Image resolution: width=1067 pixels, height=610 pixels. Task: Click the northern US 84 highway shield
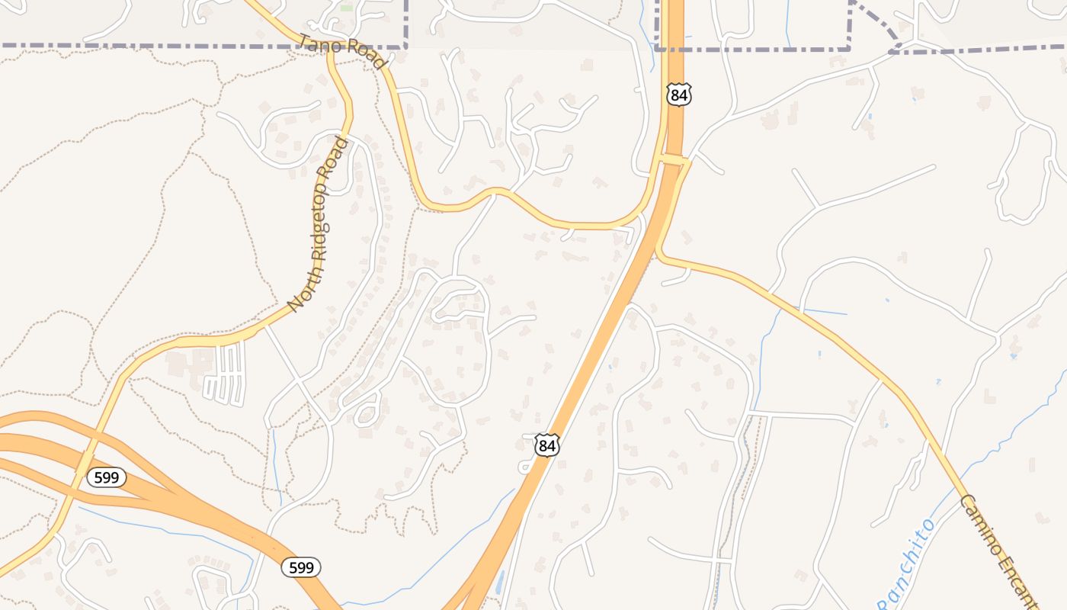(x=678, y=95)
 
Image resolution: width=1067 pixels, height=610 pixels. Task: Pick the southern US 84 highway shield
(x=546, y=445)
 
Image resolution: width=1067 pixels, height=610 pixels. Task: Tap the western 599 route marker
(x=106, y=478)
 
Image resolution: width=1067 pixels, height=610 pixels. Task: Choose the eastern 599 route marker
(x=301, y=567)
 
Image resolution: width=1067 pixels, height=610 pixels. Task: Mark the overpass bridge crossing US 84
(x=674, y=160)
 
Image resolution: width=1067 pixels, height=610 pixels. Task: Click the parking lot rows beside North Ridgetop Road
(x=226, y=374)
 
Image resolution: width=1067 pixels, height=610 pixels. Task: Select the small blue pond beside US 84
(x=499, y=583)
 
